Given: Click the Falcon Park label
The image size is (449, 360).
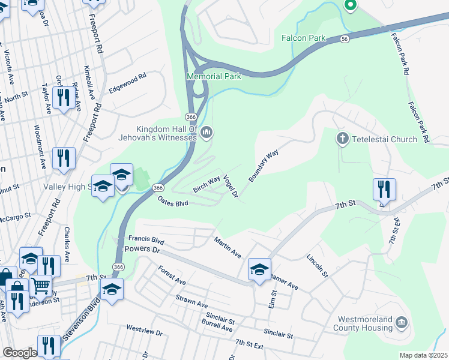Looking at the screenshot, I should (x=303, y=38).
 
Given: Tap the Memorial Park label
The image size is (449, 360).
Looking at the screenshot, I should (x=214, y=76).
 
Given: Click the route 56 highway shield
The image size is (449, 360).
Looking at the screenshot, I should (x=343, y=38).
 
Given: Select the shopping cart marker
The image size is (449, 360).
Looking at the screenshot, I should (x=41, y=286).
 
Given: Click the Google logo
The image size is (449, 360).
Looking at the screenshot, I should (x=19, y=352).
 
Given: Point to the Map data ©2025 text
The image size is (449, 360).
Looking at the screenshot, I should (x=423, y=355).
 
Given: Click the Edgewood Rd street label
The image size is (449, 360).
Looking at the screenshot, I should (x=127, y=83).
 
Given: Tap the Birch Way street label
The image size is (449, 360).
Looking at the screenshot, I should (x=206, y=184).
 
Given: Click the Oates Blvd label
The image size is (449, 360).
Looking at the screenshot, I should (x=173, y=203).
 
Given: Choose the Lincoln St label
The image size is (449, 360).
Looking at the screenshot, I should (x=318, y=266).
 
